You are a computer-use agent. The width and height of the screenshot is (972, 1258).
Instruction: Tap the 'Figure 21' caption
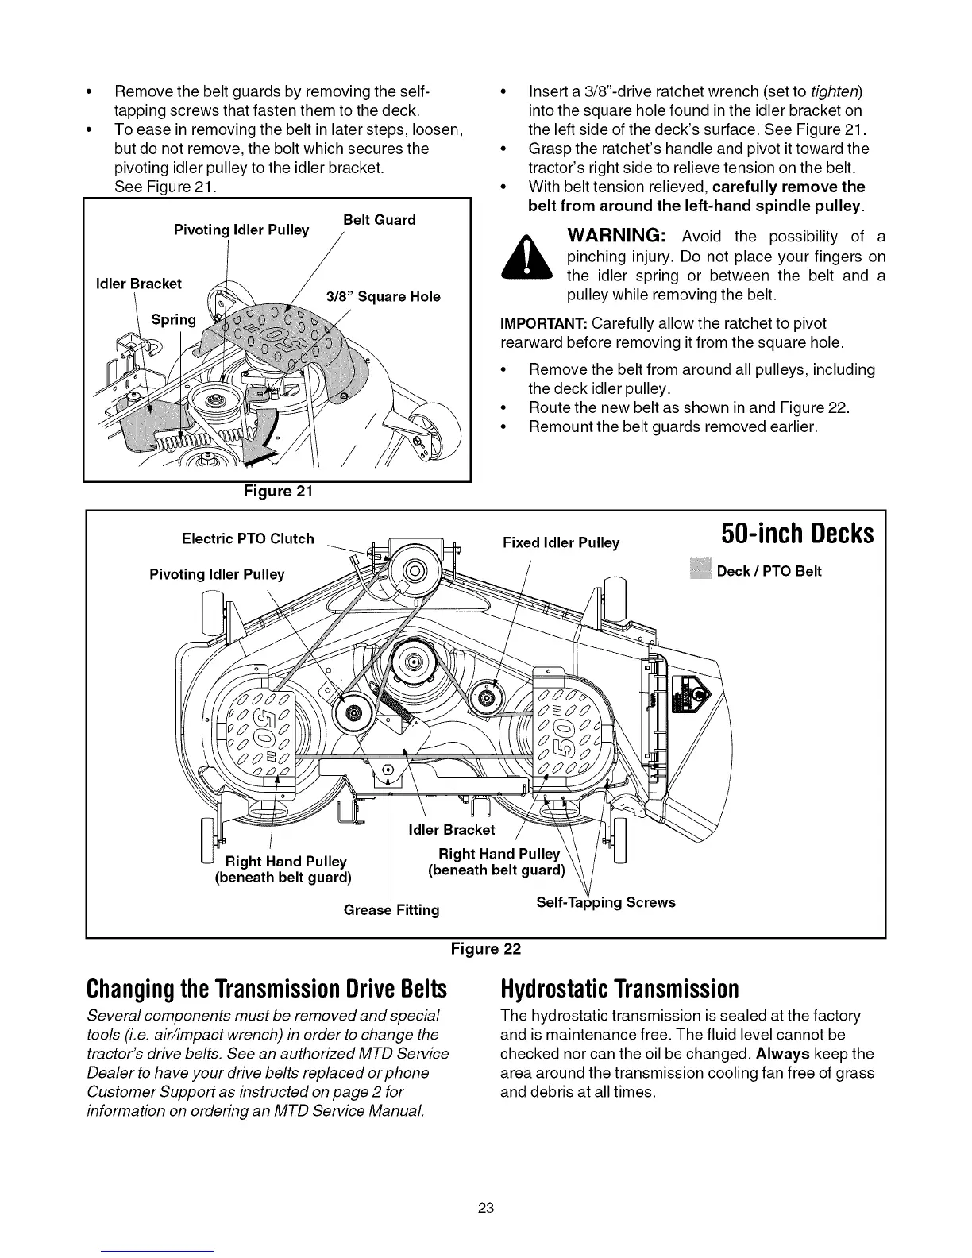click(278, 491)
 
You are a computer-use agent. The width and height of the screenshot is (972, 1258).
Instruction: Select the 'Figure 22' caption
click(485, 948)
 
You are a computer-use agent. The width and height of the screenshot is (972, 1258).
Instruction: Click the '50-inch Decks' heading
click(797, 534)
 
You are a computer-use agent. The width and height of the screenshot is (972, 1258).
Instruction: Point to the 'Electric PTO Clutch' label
click(248, 538)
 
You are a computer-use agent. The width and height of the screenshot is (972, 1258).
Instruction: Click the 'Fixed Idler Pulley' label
click(561, 543)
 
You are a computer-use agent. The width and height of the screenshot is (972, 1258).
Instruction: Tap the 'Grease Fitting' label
click(391, 909)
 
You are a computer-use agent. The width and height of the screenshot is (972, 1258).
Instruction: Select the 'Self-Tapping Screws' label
click(606, 902)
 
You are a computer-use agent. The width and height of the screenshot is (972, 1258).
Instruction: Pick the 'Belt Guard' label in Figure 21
click(379, 219)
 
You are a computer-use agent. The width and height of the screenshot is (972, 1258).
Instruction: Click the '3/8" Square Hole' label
click(384, 296)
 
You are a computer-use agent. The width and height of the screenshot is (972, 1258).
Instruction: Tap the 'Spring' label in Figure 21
click(173, 319)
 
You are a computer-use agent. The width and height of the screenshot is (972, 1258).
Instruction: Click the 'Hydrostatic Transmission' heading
click(619, 989)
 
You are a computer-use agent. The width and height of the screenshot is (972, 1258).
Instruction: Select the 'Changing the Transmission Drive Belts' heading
click(266, 989)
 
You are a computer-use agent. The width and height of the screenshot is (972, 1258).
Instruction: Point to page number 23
click(486, 1208)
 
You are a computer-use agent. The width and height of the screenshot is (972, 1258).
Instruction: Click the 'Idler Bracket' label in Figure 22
click(451, 830)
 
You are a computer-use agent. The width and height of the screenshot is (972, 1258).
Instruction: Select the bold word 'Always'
click(782, 1054)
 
